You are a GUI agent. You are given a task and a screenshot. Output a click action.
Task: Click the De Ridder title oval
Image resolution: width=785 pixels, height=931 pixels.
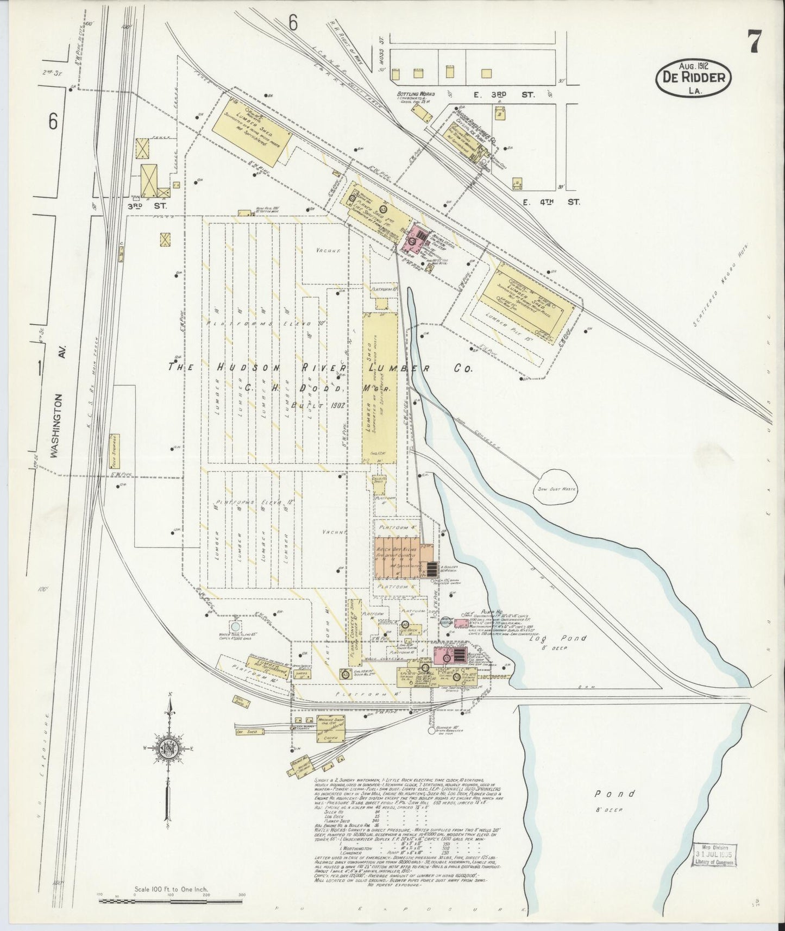(x=694, y=78)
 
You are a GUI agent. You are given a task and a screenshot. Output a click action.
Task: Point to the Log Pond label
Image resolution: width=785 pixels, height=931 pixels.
(x=558, y=638)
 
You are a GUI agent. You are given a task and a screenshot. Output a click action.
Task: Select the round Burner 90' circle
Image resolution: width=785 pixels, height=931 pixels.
(x=432, y=731)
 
